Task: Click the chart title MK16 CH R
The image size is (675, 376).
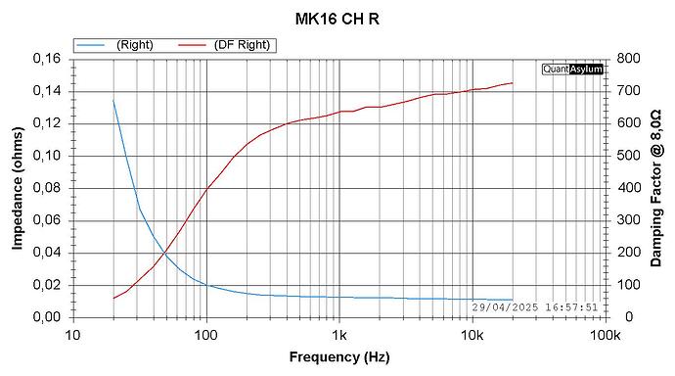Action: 337,19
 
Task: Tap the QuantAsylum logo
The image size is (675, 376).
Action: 572,69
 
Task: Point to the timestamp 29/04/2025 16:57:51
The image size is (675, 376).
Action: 535,306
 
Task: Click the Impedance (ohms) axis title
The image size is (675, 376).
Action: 19,188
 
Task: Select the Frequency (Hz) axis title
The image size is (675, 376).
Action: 337,358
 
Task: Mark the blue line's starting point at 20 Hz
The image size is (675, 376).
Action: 113,100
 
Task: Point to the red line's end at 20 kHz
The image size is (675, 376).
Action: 512,82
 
